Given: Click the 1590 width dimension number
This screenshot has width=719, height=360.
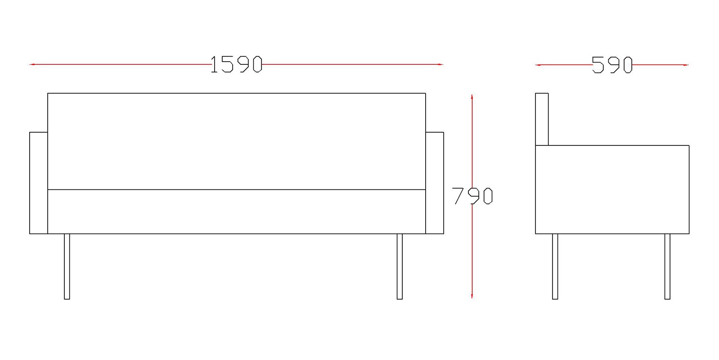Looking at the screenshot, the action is coord(237,64).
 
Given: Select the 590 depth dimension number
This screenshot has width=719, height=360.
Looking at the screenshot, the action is coord(612,65).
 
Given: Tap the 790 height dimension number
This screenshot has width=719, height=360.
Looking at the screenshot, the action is coord(472,196).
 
